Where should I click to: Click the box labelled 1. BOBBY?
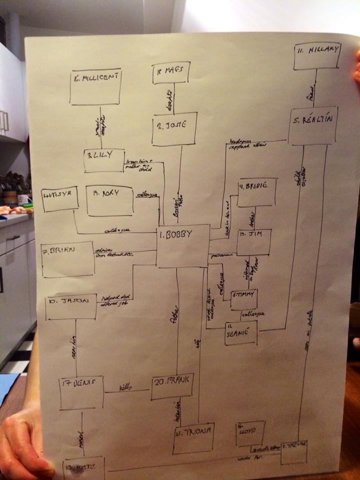pos(182,245)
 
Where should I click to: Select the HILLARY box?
pos(317,55)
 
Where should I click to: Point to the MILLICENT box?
pos(95,86)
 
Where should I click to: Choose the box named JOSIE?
pos(174,129)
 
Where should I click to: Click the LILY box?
pos(104,160)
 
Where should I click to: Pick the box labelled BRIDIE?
pos(257,192)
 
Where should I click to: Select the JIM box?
pos(254,242)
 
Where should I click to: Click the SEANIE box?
pos(241,332)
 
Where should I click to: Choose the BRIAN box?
pos(68,259)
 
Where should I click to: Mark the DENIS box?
pos(81,392)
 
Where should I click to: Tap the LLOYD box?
pos(250,433)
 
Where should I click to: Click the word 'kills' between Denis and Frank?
pos(124,388)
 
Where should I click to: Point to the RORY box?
pos(110,201)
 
